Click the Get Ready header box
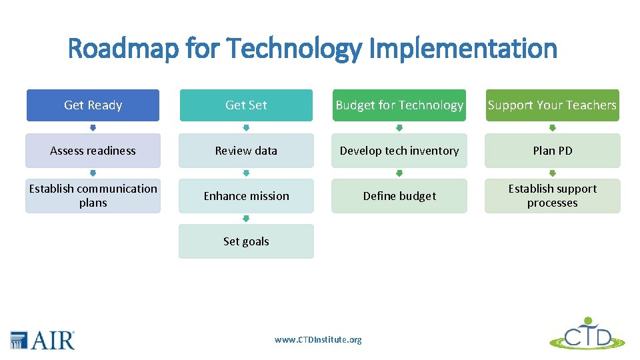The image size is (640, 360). click(x=93, y=105)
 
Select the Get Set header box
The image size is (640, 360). click(x=246, y=105)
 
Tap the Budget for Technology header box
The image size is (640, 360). click(x=399, y=105)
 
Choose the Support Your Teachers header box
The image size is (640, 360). click(x=552, y=105)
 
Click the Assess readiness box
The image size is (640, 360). click(x=93, y=151)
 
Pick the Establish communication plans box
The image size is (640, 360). click(x=93, y=196)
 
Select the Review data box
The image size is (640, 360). click(x=246, y=151)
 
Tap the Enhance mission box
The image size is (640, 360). click(x=246, y=196)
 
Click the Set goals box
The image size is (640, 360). click(x=246, y=241)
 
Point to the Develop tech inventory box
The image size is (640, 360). click(x=399, y=151)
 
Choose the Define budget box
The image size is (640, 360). click(x=399, y=196)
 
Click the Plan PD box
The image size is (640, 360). click(x=552, y=151)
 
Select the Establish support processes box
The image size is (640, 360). click(x=552, y=196)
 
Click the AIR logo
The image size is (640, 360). click(x=43, y=340)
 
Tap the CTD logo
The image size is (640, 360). click(x=587, y=334)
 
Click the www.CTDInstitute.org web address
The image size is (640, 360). click(x=318, y=340)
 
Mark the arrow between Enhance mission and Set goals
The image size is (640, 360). click(x=246, y=219)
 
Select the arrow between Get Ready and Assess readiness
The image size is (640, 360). click(x=93, y=128)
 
